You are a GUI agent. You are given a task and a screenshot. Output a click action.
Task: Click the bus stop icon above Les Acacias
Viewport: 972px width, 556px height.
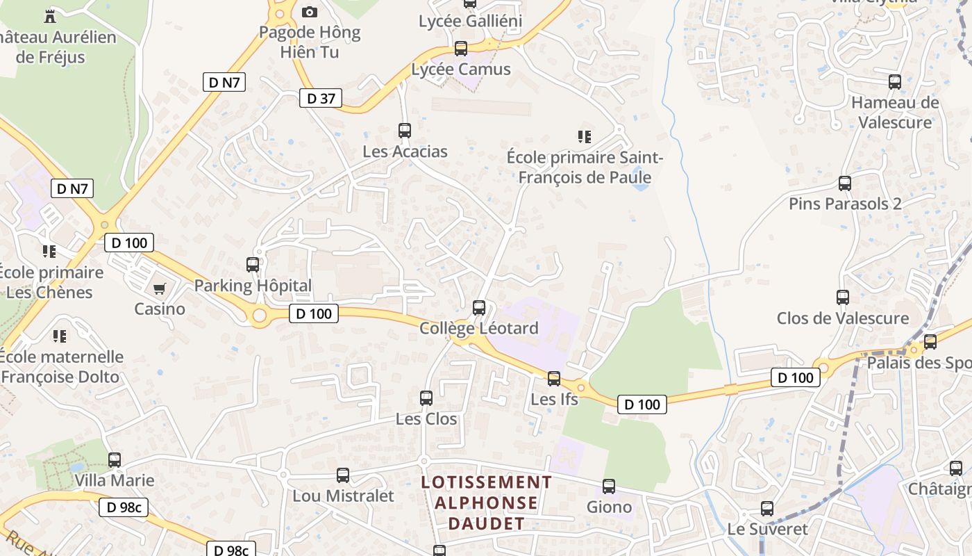point(404,130)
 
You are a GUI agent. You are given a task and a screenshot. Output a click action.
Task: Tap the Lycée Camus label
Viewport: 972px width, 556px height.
point(461,69)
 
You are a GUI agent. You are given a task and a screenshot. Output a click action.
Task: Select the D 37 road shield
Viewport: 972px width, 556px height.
point(321,99)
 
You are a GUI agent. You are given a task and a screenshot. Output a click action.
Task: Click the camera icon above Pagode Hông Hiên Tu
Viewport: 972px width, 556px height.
point(310,12)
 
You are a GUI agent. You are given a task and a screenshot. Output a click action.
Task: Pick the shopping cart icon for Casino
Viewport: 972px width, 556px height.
point(160,288)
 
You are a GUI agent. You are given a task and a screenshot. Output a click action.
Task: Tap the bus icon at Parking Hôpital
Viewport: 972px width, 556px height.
point(253,265)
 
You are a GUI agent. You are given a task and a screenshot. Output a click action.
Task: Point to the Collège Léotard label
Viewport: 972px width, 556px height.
point(479,328)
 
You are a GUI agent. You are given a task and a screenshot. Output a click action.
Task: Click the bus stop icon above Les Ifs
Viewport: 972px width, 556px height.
point(554,379)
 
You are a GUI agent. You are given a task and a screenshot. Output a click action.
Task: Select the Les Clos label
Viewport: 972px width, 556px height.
point(426,419)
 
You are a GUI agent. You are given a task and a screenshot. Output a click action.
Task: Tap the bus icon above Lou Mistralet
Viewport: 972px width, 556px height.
point(343,475)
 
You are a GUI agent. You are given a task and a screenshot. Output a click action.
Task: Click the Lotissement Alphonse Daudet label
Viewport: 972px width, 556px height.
point(487,502)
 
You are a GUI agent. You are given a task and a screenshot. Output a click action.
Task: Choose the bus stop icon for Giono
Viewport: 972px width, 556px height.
point(609,486)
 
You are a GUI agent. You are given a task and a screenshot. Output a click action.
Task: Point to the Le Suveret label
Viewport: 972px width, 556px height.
point(767,529)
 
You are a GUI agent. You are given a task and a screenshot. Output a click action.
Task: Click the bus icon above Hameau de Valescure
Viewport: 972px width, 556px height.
point(895,82)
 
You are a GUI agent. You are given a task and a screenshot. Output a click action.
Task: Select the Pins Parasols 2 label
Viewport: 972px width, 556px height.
point(845,204)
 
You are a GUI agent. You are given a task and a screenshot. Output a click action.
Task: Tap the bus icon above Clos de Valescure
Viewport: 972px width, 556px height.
point(843,297)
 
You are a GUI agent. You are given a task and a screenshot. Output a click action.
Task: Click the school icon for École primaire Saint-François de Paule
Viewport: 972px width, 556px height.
point(585,137)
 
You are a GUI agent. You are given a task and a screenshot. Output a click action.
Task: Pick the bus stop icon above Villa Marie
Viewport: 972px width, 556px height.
point(115,460)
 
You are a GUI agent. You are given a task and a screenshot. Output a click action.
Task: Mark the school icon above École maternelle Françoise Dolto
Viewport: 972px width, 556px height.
point(60,336)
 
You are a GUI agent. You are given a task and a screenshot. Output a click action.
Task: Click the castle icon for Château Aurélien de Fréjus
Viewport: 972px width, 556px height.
point(49,16)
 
